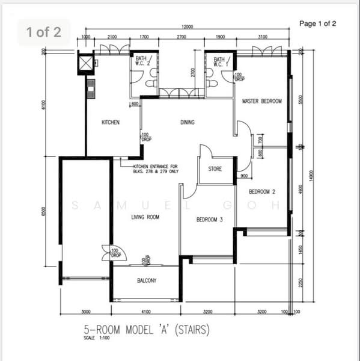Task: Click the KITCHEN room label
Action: pyautogui.click(x=111, y=122)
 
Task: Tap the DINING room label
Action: pyautogui.click(x=188, y=122)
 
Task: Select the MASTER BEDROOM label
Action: pyautogui.click(x=261, y=102)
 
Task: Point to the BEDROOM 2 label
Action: pyautogui.click(x=262, y=191)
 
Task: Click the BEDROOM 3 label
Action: pyautogui.click(x=210, y=220)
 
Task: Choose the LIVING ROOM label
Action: pyautogui.click(x=145, y=217)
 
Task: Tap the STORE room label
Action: pyautogui.click(x=215, y=169)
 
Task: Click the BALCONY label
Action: pyautogui.click(x=147, y=280)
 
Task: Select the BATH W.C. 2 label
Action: pyautogui.click(x=142, y=61)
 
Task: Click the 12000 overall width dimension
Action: pyautogui.click(x=188, y=27)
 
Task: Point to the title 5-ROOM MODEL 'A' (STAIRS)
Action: pyautogui.click(x=146, y=330)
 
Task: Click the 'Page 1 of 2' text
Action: pyautogui.click(x=317, y=23)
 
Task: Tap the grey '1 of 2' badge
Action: pyautogui.click(x=44, y=32)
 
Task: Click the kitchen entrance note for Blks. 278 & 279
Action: pyautogui.click(x=156, y=168)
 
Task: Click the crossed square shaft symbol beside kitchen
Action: pyautogui.click(x=86, y=63)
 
